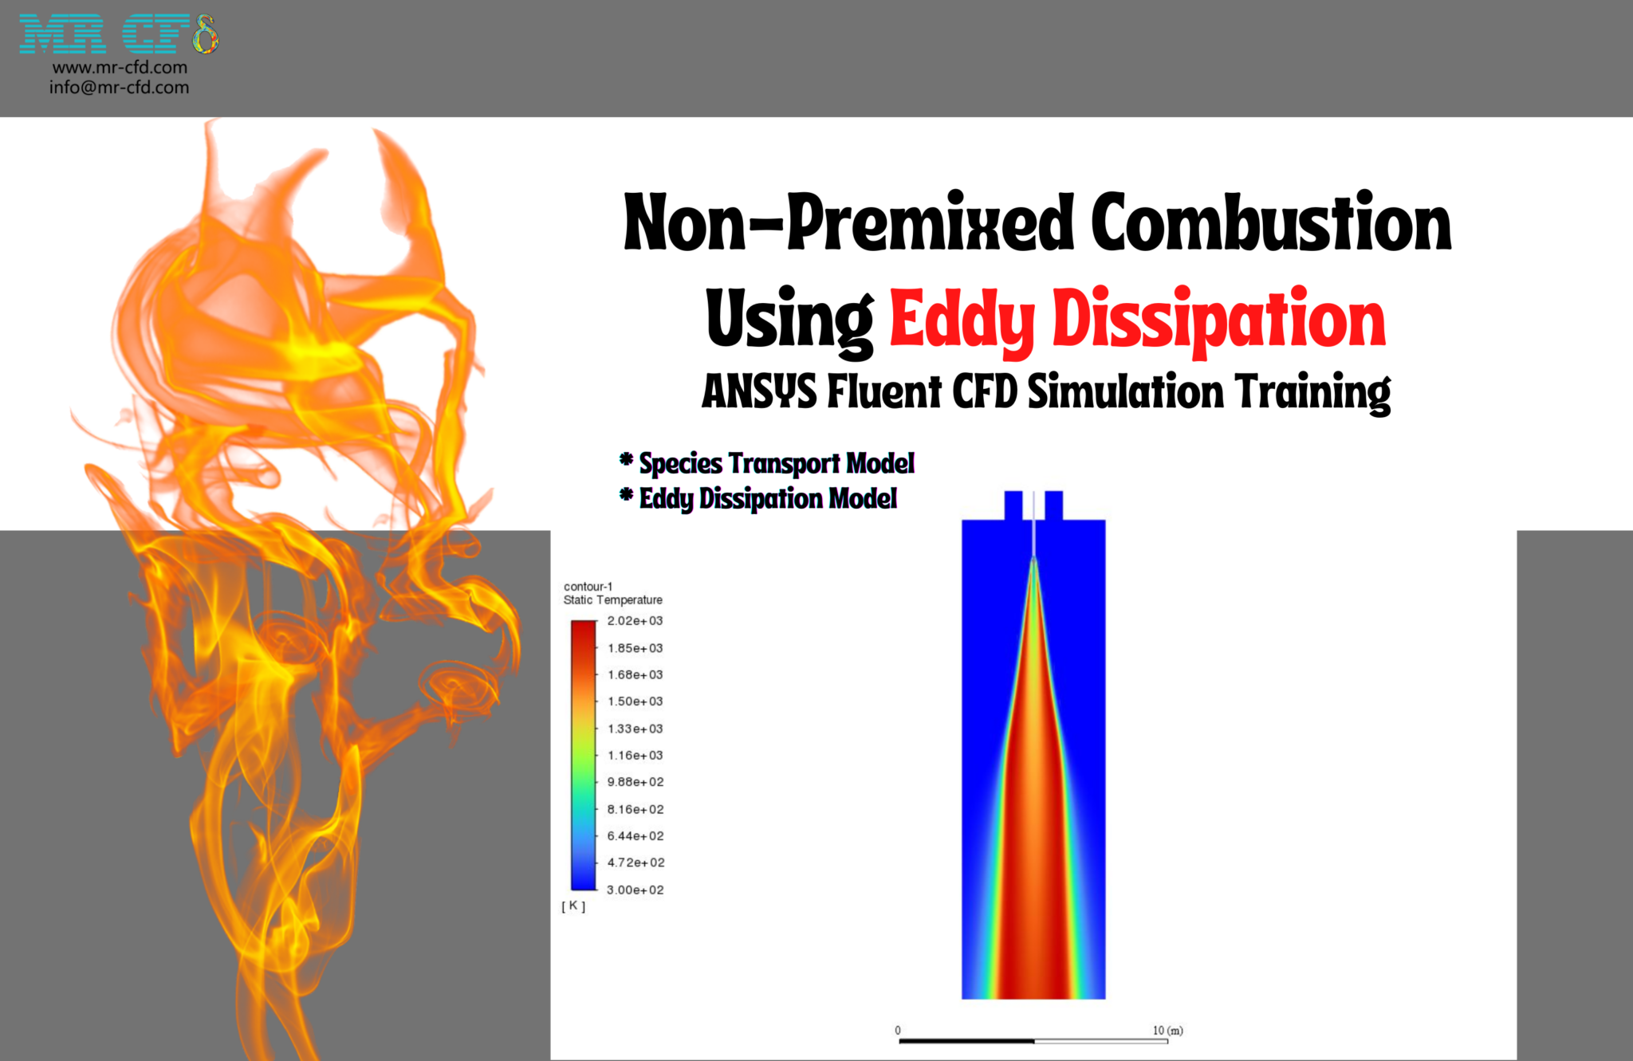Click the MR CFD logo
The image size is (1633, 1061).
(x=118, y=34)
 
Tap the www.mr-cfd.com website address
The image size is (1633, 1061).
(x=120, y=68)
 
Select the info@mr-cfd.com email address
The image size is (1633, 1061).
(x=120, y=88)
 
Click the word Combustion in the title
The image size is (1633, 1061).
(x=1270, y=223)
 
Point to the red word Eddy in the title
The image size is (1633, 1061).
(x=961, y=320)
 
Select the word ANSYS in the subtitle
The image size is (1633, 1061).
(x=758, y=391)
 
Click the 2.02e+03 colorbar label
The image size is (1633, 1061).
(x=635, y=621)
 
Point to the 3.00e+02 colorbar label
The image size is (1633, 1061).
(x=635, y=890)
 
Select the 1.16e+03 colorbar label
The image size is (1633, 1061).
(x=635, y=755)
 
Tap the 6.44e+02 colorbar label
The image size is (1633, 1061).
(x=635, y=836)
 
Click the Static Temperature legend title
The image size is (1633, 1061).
(x=612, y=600)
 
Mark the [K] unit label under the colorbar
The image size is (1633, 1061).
(x=573, y=906)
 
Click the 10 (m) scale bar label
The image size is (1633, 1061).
(x=1167, y=1031)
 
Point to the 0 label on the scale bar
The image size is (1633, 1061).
(x=898, y=1031)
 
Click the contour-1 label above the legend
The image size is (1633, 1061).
(x=588, y=587)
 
